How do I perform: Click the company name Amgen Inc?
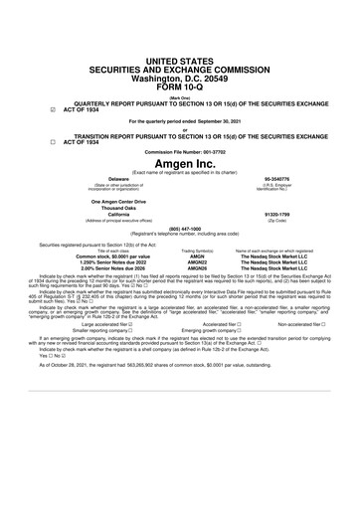180,162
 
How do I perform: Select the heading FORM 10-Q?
180,59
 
